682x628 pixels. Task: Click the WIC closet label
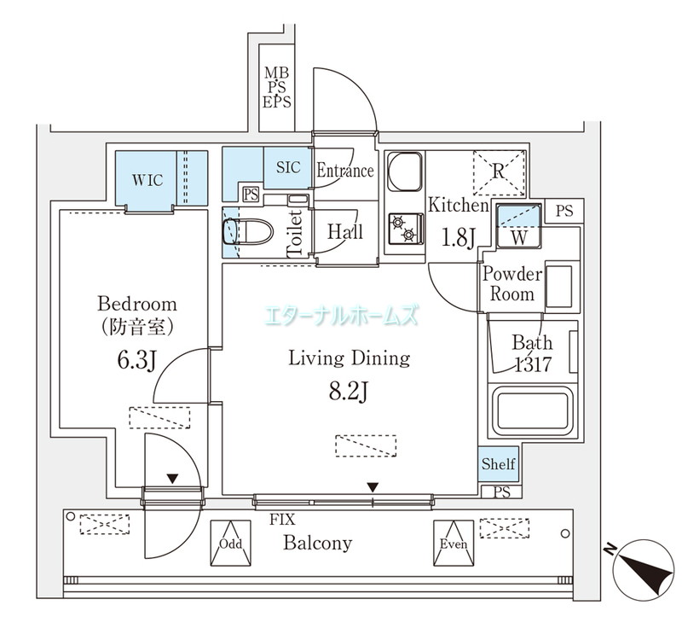147,179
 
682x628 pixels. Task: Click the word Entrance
344,171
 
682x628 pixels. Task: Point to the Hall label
344,232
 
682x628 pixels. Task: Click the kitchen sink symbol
405,173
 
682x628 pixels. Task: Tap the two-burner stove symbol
404,228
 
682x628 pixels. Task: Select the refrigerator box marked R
499,173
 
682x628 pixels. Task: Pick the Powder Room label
511,284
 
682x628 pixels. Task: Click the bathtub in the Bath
532,412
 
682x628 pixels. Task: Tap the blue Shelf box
498,464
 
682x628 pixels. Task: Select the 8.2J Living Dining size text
348,393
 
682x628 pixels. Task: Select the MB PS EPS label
277,87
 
